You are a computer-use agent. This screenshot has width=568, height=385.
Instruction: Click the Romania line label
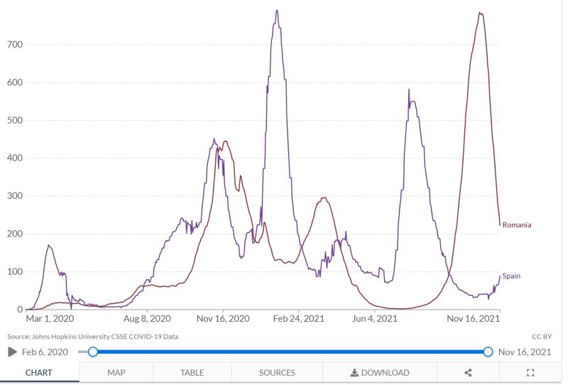pyautogui.click(x=516, y=225)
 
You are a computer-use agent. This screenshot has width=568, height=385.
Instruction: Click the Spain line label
pyautogui.click(x=510, y=276)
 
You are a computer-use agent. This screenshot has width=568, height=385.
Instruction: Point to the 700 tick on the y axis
pyautogui.click(x=15, y=45)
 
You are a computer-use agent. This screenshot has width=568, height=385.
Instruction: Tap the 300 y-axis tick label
pyautogui.click(x=15, y=196)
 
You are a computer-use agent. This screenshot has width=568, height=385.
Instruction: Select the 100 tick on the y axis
pyautogui.click(x=15, y=272)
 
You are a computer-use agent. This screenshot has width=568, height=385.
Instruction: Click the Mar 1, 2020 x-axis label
pyautogui.click(x=50, y=319)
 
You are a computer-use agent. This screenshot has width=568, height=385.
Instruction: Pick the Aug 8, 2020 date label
pyautogui.click(x=147, y=319)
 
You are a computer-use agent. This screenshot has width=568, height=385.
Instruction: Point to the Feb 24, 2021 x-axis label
pyautogui.click(x=298, y=319)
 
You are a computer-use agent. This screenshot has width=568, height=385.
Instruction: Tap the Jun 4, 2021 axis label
pyautogui.click(x=375, y=319)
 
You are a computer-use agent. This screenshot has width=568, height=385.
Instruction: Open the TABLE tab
pyautogui.click(x=192, y=372)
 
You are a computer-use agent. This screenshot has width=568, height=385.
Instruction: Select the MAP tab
pyautogui.click(x=116, y=372)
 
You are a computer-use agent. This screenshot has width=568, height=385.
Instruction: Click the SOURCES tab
pyautogui.click(x=277, y=372)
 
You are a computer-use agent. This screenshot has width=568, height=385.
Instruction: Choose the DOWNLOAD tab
pyautogui.click(x=380, y=372)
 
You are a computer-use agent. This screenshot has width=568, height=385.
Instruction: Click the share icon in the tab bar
pyautogui.click(x=468, y=372)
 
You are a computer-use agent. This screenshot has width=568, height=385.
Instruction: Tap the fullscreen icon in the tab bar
pyautogui.click(x=530, y=372)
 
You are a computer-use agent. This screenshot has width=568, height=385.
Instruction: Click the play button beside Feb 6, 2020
pyautogui.click(x=12, y=352)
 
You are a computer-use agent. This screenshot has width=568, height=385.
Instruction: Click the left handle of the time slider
pyautogui.click(x=93, y=352)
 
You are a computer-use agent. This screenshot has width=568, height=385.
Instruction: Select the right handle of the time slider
pyautogui.click(x=488, y=352)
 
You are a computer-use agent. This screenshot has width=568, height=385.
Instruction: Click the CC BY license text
pyautogui.click(x=541, y=337)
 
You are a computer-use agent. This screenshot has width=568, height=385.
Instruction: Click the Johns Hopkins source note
pyautogui.click(x=92, y=337)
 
